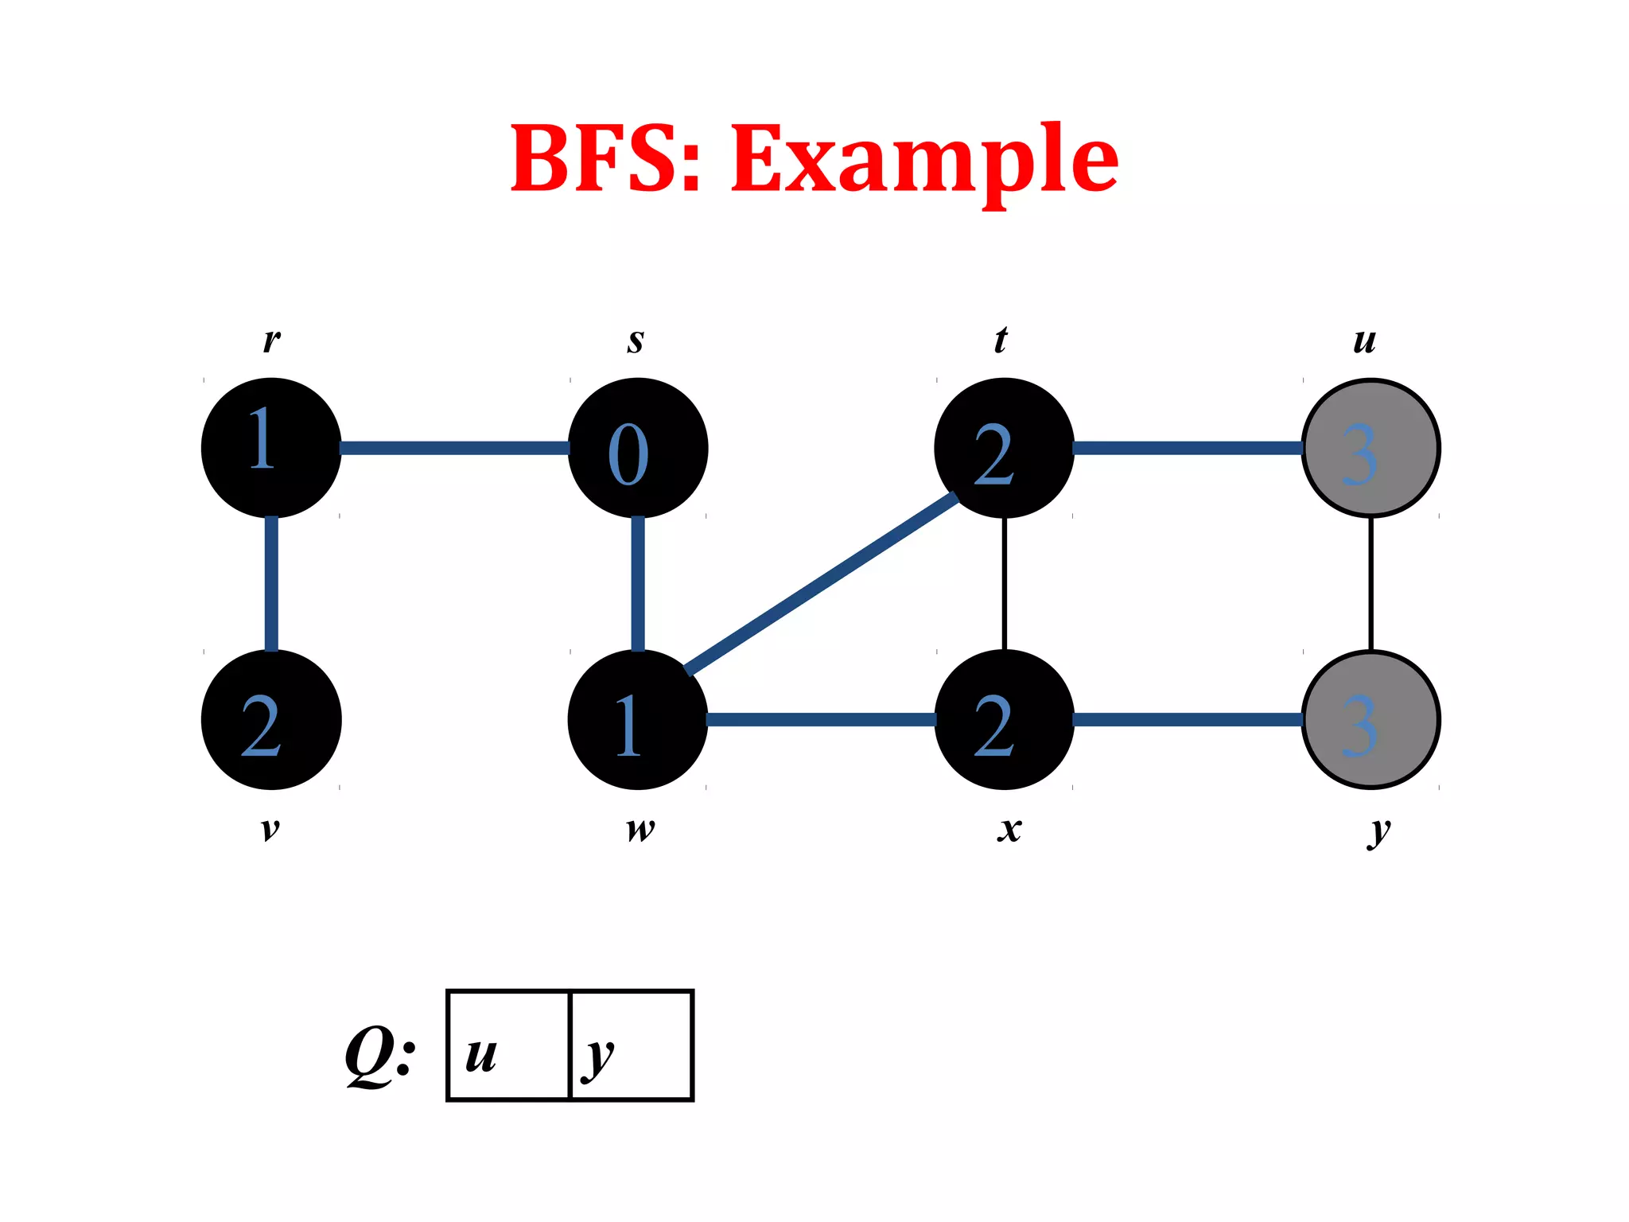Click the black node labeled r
(x=271, y=448)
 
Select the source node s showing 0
(x=638, y=448)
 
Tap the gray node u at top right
(x=1370, y=448)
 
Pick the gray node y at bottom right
(x=1370, y=720)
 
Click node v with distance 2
(x=271, y=720)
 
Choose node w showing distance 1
(x=638, y=720)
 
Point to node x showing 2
(x=1004, y=720)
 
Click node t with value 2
(x=1004, y=448)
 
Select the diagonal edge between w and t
(x=821, y=584)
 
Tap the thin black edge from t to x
(x=1005, y=584)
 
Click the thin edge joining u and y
(x=1370, y=584)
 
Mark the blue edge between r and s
(x=454, y=448)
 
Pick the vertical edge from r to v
(x=271, y=584)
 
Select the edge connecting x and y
(x=1187, y=720)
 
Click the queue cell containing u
(x=509, y=1045)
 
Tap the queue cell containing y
(x=632, y=1045)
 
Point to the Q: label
(x=380, y=1054)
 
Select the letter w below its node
(x=640, y=830)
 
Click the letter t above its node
(x=1001, y=340)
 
